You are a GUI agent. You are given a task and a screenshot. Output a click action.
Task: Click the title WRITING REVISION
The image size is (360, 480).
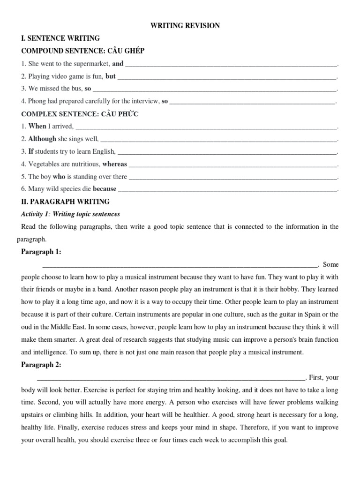185,26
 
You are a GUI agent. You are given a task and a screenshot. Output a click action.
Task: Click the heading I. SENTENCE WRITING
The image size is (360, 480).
60,38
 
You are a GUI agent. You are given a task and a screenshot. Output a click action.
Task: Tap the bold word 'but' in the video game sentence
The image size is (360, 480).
110,76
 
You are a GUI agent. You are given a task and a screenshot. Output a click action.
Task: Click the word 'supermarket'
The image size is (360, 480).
94,64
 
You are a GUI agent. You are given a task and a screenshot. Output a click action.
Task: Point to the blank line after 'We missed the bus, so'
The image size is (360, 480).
215,88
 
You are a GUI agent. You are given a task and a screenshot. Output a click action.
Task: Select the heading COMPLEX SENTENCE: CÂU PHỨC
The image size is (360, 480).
80,114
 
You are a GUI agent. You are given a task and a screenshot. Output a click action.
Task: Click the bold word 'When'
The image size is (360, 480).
37,126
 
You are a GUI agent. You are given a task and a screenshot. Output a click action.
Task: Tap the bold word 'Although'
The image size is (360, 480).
42,139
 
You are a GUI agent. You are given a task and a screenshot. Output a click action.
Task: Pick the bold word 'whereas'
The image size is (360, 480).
114,164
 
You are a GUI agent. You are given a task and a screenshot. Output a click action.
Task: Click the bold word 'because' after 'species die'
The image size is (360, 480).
105,189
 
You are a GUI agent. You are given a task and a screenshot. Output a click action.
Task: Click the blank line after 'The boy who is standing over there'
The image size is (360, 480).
232,177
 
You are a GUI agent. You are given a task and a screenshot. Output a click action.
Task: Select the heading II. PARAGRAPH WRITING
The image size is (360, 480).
66,202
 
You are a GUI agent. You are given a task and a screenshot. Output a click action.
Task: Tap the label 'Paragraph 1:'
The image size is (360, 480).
41,252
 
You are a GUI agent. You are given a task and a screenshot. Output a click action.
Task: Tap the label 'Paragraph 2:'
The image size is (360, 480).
41,365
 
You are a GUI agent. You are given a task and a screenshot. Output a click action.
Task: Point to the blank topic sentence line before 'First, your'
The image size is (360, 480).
171,377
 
